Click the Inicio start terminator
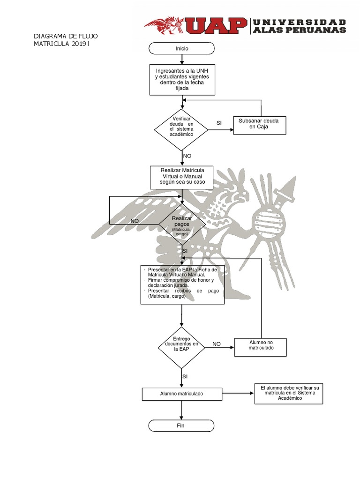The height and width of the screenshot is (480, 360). point(181,48)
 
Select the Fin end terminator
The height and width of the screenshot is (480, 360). point(181,426)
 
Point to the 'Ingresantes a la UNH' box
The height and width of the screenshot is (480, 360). point(181,79)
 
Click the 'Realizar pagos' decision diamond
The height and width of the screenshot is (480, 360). point(182,223)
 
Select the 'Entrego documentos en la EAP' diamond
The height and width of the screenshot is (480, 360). point(181,347)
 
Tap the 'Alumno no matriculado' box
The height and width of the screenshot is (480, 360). point(260,347)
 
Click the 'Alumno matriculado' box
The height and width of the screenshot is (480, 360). point(181,394)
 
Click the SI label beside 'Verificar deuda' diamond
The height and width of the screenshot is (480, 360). point(219,123)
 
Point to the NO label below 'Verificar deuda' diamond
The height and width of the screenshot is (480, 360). point(187,156)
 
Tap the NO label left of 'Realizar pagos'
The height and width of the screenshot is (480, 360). point(135,221)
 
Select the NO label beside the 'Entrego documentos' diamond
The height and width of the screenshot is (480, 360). point(216,344)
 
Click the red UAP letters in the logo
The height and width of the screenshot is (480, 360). point(217,26)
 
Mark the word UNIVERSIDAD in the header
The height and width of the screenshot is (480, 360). point(300,22)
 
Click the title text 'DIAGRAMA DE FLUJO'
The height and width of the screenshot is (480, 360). point(65,36)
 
